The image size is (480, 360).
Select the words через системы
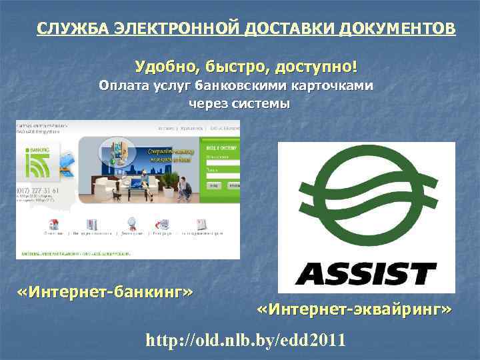(x=239, y=104)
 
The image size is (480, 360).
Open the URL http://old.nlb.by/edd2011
(x=246, y=340)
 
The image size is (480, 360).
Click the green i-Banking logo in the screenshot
(x=37, y=159)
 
